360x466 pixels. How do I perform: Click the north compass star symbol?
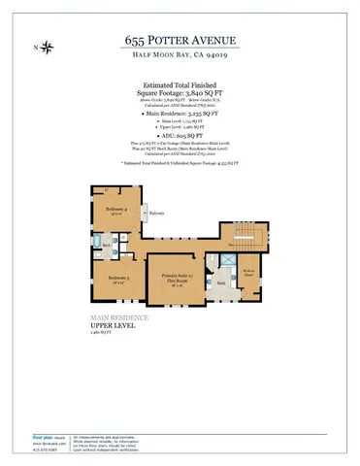click(49, 48)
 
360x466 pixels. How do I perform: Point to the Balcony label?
click(158, 213)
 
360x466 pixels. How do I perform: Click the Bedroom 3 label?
click(119, 279)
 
